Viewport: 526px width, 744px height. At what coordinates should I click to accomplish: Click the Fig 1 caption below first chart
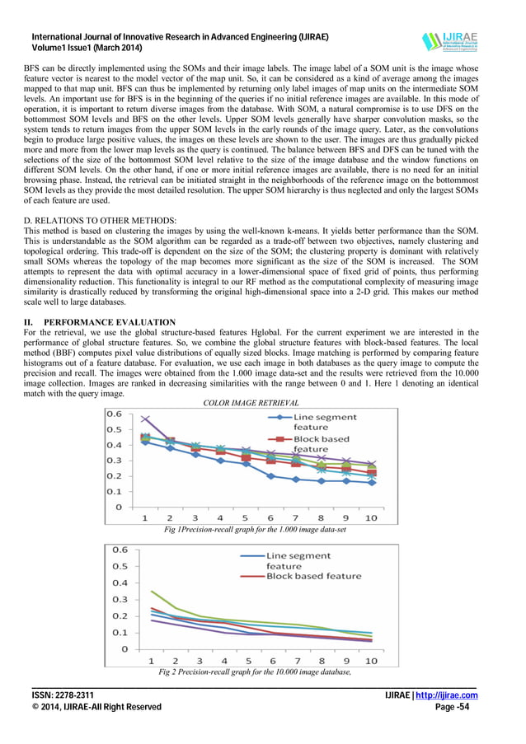pos(256,530)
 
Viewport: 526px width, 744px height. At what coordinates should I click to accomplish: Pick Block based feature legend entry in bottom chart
pos(313,576)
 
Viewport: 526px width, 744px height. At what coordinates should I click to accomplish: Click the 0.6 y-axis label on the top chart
pos(113,414)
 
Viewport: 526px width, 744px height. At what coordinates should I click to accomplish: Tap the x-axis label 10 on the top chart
pos(370,517)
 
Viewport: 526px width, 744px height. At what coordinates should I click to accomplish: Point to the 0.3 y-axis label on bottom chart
pos(119,599)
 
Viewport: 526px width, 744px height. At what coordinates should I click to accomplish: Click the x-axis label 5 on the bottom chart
pos(248,661)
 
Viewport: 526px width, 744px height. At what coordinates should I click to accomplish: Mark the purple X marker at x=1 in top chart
pos(145,420)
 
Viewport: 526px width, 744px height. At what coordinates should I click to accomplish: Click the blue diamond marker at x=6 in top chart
pos(271,475)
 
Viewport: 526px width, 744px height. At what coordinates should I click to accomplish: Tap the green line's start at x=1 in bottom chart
pos(150,591)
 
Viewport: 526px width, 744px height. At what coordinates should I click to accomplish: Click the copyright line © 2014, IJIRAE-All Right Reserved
pos(96,707)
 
